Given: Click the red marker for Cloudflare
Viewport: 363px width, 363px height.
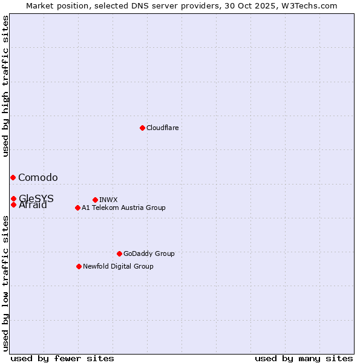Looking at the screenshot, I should [142, 128].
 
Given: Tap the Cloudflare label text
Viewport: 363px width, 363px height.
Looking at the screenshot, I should [162, 128].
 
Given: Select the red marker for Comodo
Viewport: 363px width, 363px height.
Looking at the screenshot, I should [13, 177].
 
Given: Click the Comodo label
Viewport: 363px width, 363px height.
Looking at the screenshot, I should [38, 177].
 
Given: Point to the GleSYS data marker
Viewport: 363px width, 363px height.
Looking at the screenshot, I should [13, 198].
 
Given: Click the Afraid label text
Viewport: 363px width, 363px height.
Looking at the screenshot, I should [33, 205].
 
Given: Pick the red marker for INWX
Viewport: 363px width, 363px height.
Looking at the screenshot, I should [95, 200].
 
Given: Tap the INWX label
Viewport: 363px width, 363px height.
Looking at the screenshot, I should [108, 200].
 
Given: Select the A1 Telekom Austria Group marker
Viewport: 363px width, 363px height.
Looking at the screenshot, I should [77, 208].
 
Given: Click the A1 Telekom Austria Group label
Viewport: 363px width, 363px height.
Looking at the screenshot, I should [123, 208].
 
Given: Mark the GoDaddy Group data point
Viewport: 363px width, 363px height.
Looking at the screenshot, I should [119, 253].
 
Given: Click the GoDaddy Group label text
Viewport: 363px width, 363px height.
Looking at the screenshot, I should [149, 253].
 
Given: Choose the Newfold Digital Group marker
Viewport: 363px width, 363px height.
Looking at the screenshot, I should [79, 266].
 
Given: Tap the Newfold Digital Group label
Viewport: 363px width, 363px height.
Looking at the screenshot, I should [118, 266].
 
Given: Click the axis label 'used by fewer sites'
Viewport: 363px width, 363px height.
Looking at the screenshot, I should [62, 358].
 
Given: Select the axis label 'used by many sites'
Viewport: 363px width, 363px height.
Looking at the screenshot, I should [304, 358].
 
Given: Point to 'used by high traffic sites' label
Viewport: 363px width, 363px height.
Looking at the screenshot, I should [6, 86].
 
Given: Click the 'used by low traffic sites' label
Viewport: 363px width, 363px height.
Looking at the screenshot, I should [6, 283].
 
